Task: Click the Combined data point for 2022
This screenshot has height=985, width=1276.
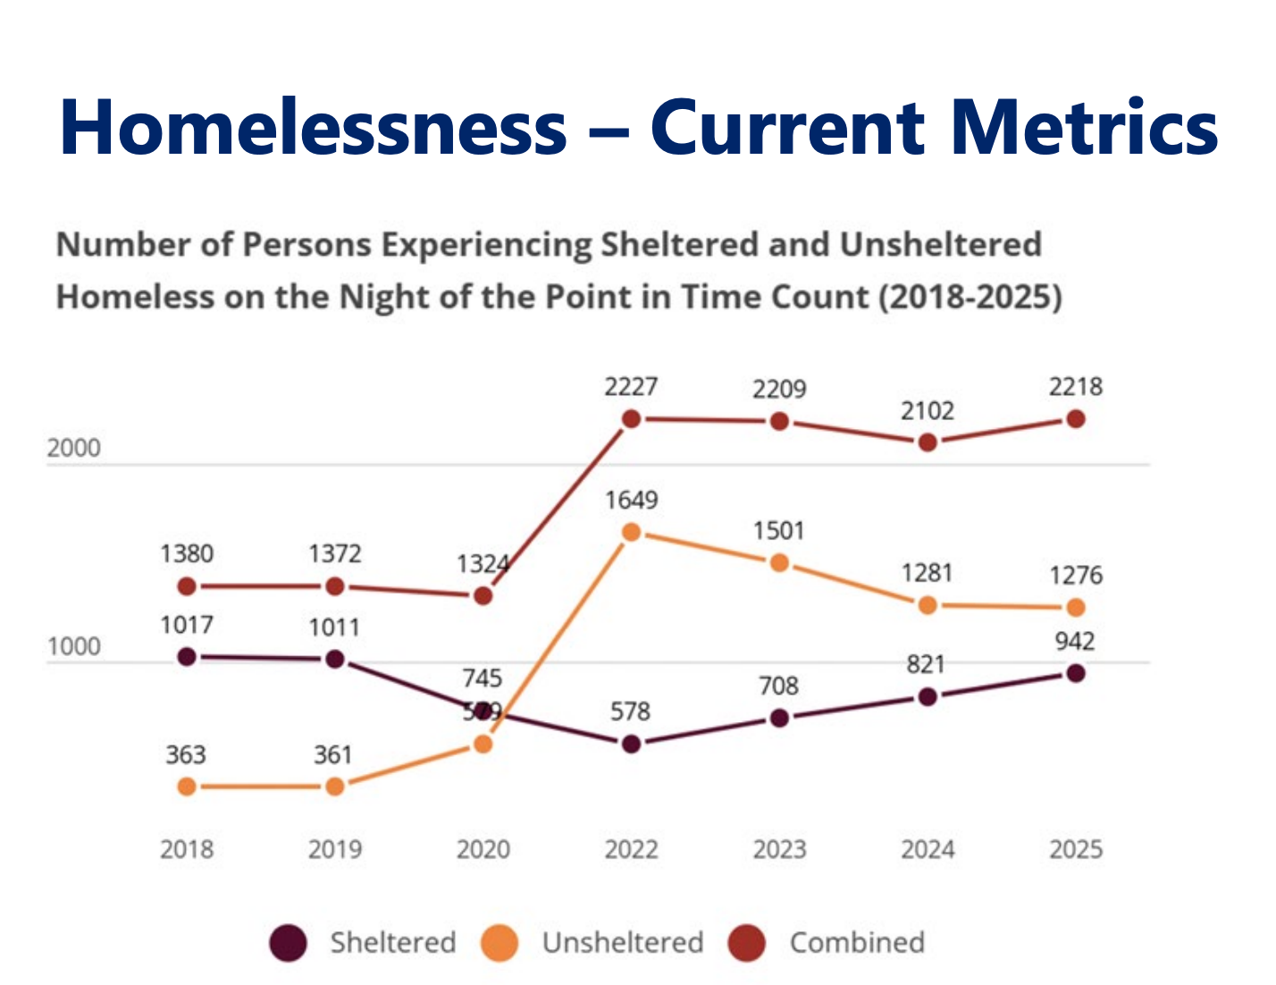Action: [x=631, y=418]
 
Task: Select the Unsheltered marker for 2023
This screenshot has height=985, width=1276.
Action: [x=779, y=563]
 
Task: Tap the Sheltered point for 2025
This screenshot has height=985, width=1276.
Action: [x=1076, y=673]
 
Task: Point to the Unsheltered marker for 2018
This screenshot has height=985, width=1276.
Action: [x=187, y=787]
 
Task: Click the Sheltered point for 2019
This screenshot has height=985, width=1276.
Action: [x=335, y=659]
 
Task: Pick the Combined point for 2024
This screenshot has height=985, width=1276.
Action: [x=928, y=442]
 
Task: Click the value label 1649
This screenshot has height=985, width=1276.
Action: [x=631, y=500]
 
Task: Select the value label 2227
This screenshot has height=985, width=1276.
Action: [x=631, y=387]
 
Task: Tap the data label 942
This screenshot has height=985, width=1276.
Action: [x=1074, y=642]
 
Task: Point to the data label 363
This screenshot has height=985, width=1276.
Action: [x=186, y=755]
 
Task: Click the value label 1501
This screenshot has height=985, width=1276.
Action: [x=779, y=531]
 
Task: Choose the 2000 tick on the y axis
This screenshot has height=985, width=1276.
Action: [x=73, y=448]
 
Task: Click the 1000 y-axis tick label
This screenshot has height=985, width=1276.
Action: [x=73, y=646]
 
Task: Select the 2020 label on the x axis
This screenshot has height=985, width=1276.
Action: [x=483, y=849]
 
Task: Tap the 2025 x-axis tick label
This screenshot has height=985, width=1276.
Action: [x=1076, y=849]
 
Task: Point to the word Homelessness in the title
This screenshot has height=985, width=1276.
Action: [x=314, y=127]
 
